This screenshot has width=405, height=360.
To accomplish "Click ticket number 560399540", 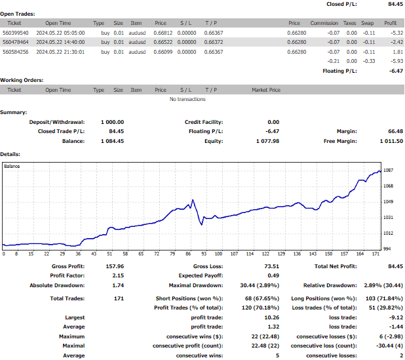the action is (16, 33).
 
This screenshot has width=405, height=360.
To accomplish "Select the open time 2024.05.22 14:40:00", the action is (60, 42).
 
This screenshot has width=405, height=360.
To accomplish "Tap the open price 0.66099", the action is (163, 52).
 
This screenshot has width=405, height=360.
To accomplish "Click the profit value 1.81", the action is (398, 52).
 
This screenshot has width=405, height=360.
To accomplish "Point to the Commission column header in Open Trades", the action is (324, 23).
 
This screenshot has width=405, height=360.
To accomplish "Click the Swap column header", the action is (367, 23).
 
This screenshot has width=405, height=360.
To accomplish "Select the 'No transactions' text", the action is (187, 99).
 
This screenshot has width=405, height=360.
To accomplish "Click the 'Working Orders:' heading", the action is (22, 80).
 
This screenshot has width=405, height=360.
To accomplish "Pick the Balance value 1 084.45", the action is (112, 141).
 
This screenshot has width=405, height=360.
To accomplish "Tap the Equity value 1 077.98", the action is (267, 141).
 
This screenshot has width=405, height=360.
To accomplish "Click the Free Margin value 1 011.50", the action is (391, 141).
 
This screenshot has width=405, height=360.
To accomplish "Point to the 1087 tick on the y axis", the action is (388, 170).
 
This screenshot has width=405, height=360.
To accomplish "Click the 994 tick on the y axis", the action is (387, 249).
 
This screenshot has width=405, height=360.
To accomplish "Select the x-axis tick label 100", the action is (218, 254).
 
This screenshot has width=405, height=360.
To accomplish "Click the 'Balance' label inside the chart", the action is (12, 166).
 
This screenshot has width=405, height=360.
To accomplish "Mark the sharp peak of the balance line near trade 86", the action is (193, 200).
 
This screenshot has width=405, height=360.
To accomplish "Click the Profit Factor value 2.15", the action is (118, 275).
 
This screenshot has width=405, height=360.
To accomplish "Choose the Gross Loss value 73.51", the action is (272, 266).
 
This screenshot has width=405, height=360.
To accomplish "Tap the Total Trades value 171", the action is (119, 298).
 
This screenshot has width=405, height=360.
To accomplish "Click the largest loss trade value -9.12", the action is (396, 317).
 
